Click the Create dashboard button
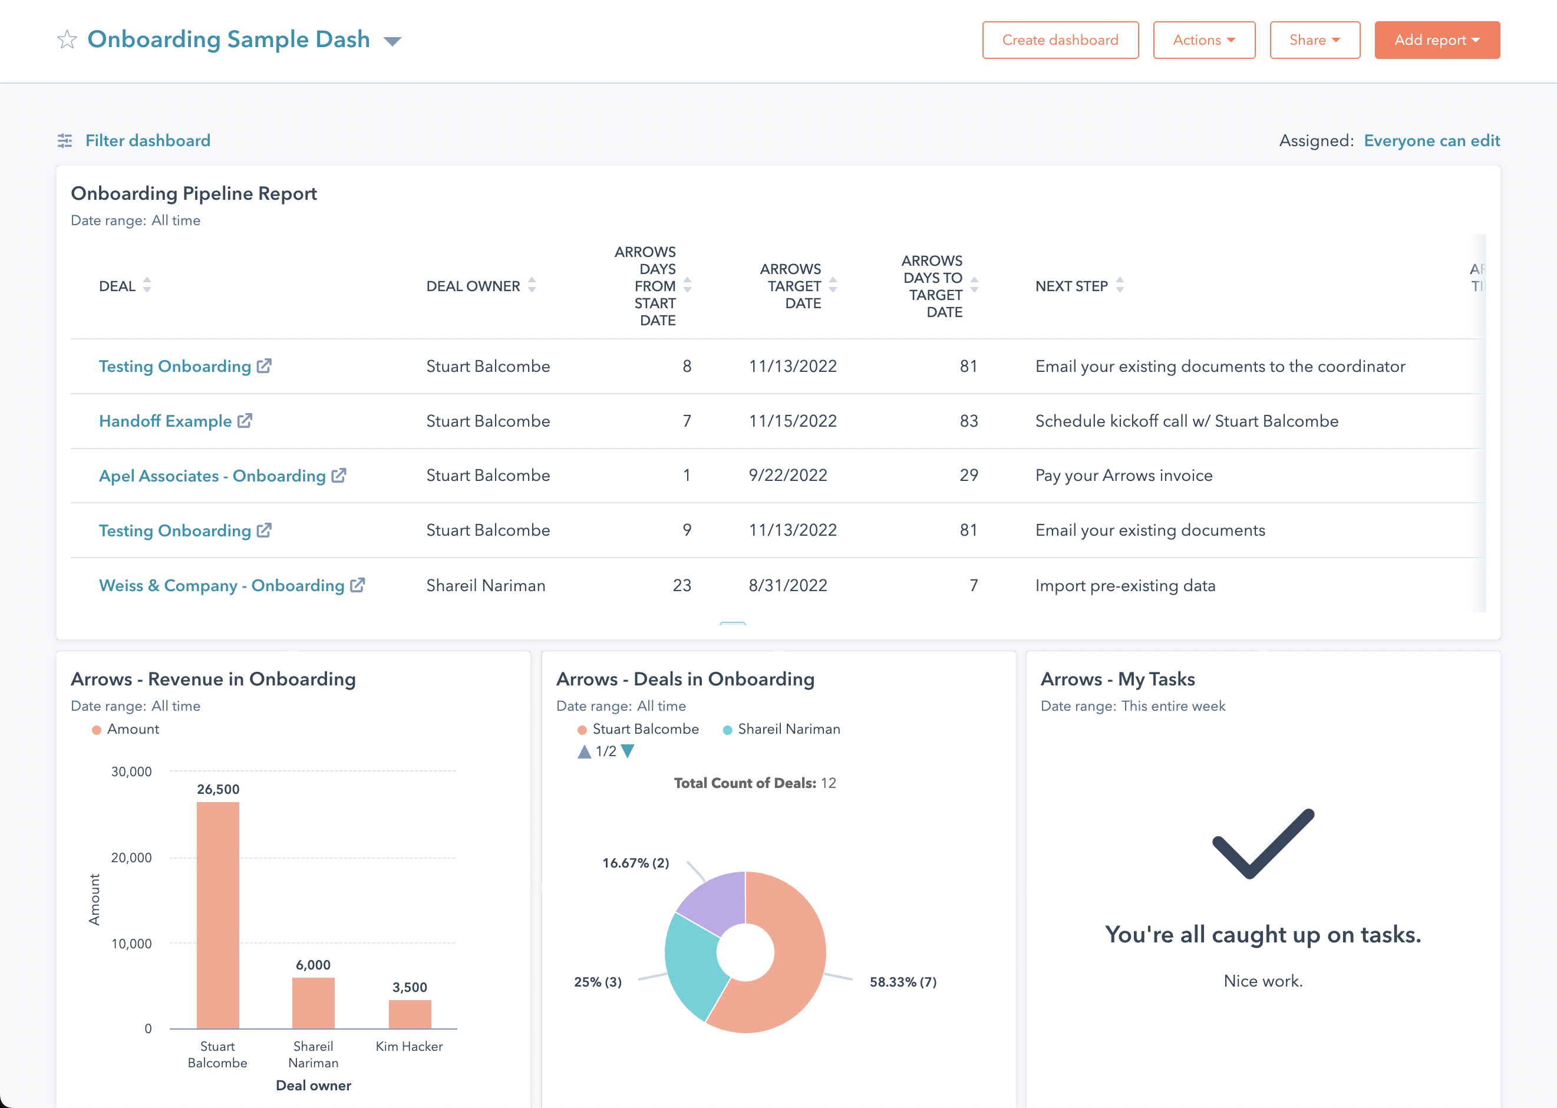[x=1060, y=40]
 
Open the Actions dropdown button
[x=1203, y=40]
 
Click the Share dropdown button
[x=1314, y=40]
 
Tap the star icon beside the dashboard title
[x=67, y=39]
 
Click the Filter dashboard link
[x=147, y=140]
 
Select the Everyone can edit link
[x=1431, y=140]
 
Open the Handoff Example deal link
[x=166, y=421]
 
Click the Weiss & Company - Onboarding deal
[x=222, y=585]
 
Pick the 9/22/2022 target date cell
[x=787, y=476]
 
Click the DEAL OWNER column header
[x=473, y=286]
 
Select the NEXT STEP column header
[x=1071, y=286]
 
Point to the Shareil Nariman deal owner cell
[x=485, y=585]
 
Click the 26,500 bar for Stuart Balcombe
[x=217, y=914]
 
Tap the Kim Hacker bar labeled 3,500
[x=410, y=1014]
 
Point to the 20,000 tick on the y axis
[x=131, y=858]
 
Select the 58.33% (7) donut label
[x=903, y=982]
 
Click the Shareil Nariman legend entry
[x=788, y=730]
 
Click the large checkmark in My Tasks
[x=1262, y=844]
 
